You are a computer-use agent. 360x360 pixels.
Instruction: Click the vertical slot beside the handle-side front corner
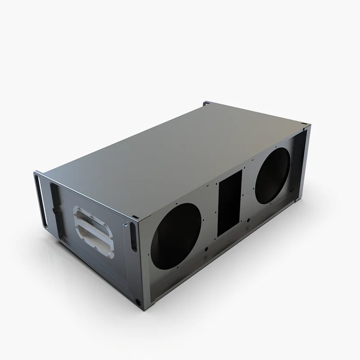134,236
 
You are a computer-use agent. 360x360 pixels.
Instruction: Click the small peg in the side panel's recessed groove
54,210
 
